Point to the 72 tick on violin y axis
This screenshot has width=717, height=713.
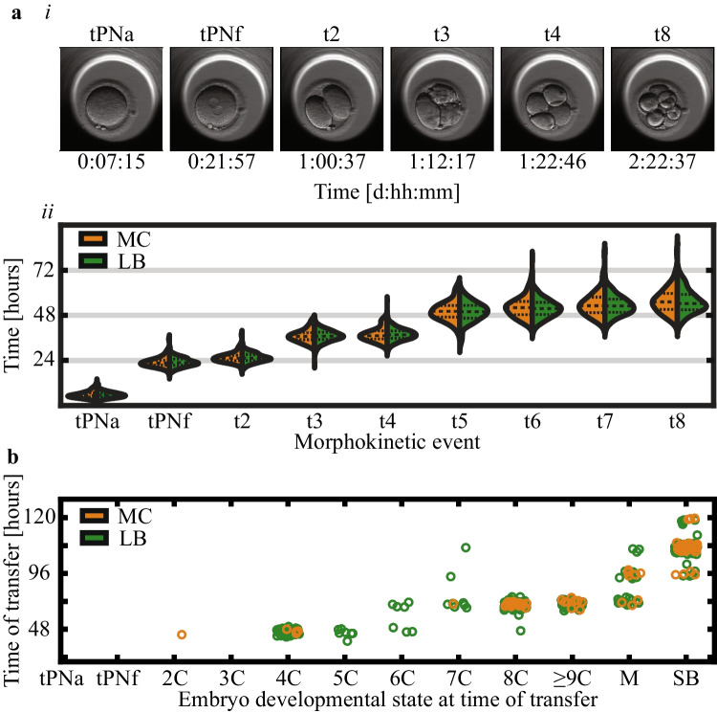click(41, 270)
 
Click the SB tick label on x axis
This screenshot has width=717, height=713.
click(684, 679)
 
